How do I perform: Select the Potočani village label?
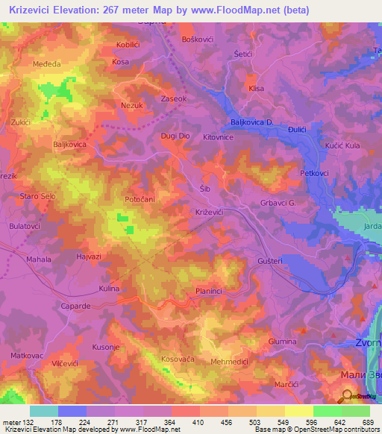pyautogui.click(x=140, y=201)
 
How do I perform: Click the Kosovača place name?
pyautogui.click(x=178, y=359)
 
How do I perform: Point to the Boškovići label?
pyautogui.click(x=198, y=38)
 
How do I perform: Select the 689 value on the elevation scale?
pyautogui.click(x=368, y=422)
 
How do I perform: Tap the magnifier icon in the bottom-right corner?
pyautogui.click(x=348, y=397)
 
